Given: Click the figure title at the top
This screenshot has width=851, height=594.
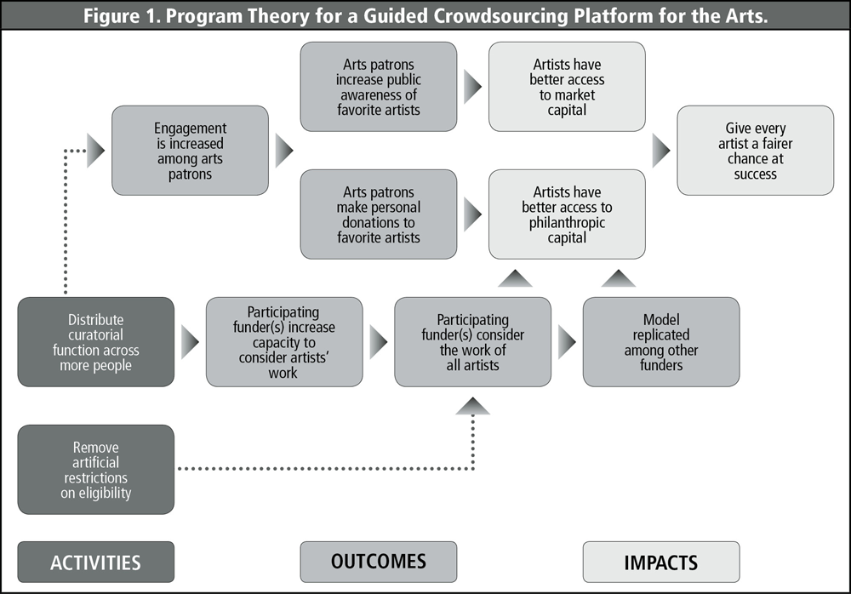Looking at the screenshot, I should (425, 15).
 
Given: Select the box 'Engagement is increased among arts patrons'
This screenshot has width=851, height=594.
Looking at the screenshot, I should (191, 151).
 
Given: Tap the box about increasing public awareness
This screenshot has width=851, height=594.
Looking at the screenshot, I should (379, 87).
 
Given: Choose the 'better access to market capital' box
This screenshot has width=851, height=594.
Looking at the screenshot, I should (567, 87).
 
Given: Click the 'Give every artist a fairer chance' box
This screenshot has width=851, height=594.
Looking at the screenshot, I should (755, 151).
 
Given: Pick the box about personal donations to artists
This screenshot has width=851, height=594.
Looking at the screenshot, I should (379, 214).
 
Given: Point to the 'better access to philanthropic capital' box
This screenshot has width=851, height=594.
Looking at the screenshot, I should (567, 214).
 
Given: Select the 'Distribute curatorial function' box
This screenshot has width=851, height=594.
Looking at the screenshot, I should (95, 342).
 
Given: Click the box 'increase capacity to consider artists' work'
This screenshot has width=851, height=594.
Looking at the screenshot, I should (284, 342).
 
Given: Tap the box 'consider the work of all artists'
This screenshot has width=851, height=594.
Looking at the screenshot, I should (472, 342).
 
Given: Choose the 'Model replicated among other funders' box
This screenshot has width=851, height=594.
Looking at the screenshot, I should (660, 342).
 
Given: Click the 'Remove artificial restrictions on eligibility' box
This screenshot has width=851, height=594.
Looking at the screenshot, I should (95, 470).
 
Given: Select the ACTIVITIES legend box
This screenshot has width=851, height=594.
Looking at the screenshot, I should (95, 563).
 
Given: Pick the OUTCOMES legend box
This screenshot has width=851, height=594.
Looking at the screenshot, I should (379, 562).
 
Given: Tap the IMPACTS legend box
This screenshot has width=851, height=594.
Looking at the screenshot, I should (660, 563).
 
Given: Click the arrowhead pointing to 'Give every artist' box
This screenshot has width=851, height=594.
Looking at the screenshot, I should (661, 151).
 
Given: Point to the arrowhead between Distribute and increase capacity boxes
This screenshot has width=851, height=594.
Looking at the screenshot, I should (190, 342).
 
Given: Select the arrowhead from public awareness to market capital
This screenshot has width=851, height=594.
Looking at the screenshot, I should (472, 87).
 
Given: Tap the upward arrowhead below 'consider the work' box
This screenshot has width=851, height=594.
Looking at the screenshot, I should (473, 407).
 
